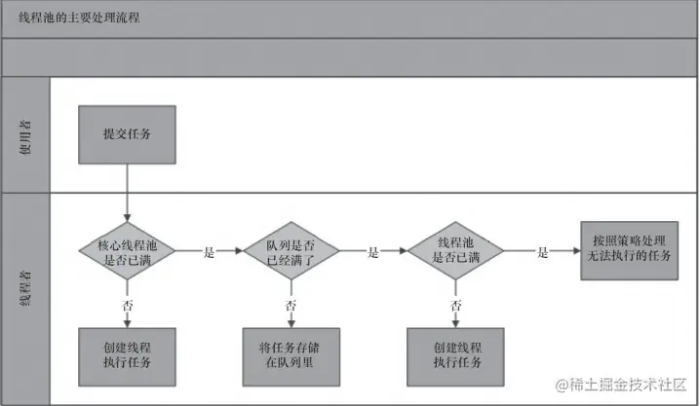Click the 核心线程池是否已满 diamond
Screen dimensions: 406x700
(x=127, y=249)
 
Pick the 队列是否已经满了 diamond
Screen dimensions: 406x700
(x=291, y=249)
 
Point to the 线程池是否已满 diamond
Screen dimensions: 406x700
(x=455, y=249)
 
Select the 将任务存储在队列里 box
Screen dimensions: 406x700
(x=291, y=354)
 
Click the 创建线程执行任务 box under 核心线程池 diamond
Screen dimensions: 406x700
(x=127, y=354)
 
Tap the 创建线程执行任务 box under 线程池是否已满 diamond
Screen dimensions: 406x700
(x=455, y=354)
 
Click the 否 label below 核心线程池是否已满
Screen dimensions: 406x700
(x=127, y=305)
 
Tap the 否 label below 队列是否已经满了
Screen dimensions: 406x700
(x=291, y=305)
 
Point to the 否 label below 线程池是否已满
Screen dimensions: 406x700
(x=455, y=305)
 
